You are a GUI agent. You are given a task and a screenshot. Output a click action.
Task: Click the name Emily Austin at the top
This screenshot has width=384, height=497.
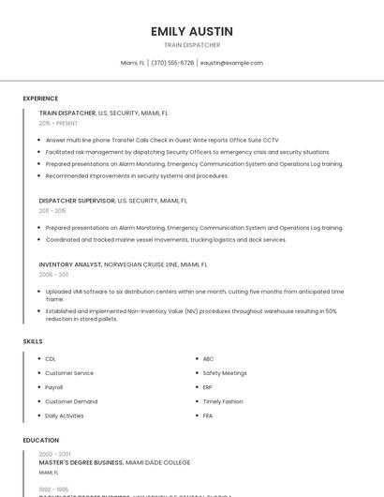point(191,31)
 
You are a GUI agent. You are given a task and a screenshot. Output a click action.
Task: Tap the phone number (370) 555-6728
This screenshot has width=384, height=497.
point(172,63)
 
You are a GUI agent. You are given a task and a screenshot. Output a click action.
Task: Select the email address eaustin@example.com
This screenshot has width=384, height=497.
point(231,63)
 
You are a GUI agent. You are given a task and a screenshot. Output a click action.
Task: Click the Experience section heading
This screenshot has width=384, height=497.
point(40,98)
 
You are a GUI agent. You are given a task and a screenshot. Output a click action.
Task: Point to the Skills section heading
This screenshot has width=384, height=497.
point(33,341)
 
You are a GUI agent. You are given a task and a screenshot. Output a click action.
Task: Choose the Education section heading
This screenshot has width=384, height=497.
point(40,440)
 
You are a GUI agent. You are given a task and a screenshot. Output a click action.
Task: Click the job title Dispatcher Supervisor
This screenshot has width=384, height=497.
point(76,200)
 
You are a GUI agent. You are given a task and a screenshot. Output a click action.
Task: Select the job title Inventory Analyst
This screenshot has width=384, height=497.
point(70,264)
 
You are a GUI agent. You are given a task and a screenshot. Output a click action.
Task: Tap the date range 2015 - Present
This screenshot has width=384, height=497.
point(59,123)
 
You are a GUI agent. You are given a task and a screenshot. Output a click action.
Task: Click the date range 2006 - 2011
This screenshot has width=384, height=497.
point(54,275)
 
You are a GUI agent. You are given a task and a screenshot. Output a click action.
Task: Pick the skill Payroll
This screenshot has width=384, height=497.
point(54,387)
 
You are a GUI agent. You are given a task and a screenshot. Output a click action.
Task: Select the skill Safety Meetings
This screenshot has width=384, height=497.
point(225,373)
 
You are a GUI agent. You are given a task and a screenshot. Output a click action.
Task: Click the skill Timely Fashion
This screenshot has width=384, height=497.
point(223,401)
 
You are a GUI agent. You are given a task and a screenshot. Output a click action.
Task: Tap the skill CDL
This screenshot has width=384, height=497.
point(51,359)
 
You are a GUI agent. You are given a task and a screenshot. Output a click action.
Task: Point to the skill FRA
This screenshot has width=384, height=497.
point(208,415)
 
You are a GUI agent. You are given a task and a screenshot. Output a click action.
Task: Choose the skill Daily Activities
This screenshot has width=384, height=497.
point(65,415)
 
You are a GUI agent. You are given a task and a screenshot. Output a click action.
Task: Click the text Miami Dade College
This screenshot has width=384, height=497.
point(157,462)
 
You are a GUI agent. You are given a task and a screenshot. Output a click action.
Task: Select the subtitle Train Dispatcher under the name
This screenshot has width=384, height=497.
point(191,45)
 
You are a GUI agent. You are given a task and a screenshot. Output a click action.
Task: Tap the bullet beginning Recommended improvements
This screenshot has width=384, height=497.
point(137,175)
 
